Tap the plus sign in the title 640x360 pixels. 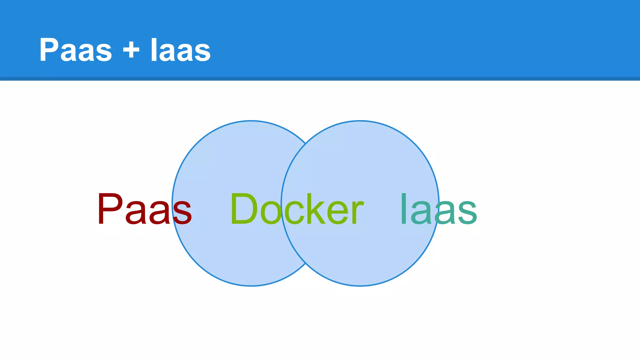pyautogui.click(x=131, y=50)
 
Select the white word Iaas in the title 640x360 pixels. pyautogui.click(x=180, y=50)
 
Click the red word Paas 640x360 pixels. pyautogui.click(x=144, y=209)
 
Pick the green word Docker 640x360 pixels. pyautogui.click(x=297, y=209)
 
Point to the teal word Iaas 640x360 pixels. pyautogui.click(x=438, y=209)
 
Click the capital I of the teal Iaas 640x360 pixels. pyautogui.click(x=403, y=209)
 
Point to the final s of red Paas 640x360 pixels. pyautogui.click(x=182, y=212)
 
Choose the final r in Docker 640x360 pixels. pyautogui.click(x=357, y=212)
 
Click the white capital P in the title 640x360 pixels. pyautogui.click(x=49, y=50)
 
